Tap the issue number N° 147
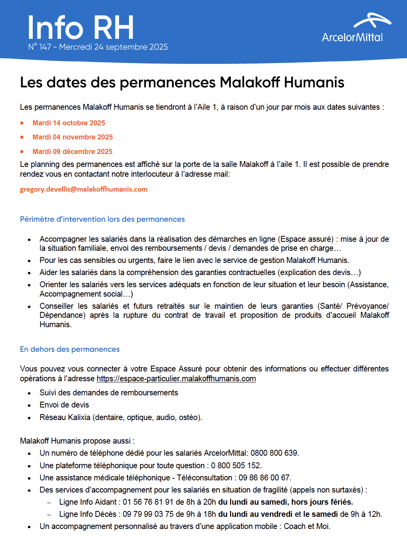pyautogui.click(x=40, y=47)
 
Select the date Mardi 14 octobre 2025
pyautogui.click(x=68, y=123)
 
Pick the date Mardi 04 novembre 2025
pyautogui.click(x=72, y=137)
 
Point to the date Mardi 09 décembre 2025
pyautogui.click(x=72, y=152)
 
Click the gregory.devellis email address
pyautogui.click(x=84, y=189)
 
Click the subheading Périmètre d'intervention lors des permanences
pyautogui.click(x=102, y=219)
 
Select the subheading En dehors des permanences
pyautogui.click(x=70, y=349)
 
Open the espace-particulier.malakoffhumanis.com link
pyautogui.click(x=176, y=379)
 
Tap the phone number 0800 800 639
pyautogui.click(x=274, y=453)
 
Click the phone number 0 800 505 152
pyautogui.click(x=236, y=465)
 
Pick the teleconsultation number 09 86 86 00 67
pyautogui.click(x=264, y=478)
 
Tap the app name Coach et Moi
pyautogui.click(x=306, y=526)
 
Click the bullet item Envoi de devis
pyautogui.click(x=64, y=405)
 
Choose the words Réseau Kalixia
pyautogui.click(x=65, y=417)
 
